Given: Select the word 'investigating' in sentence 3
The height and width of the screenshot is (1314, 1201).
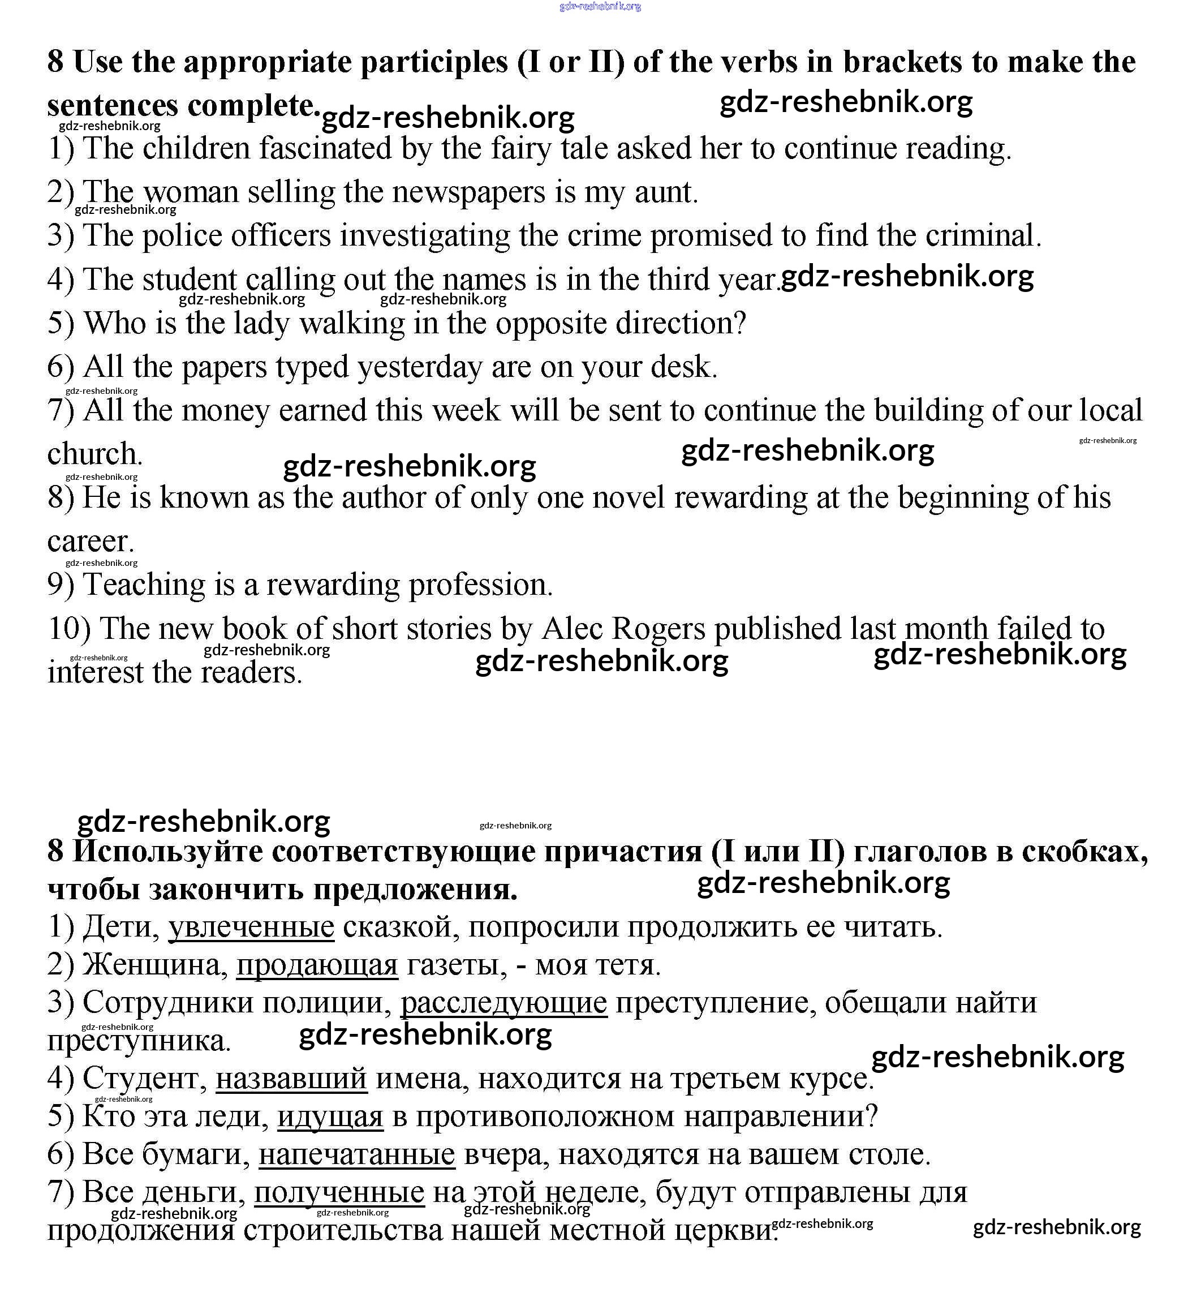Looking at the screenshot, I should [x=425, y=236].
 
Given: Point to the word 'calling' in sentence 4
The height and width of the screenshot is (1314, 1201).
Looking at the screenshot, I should [x=290, y=280].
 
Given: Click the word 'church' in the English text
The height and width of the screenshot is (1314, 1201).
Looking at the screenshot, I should [x=94, y=454].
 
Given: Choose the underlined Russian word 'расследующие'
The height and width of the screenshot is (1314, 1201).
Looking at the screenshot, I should [x=503, y=1002].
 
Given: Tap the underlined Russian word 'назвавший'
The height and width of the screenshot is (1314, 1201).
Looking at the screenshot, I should [x=291, y=1077].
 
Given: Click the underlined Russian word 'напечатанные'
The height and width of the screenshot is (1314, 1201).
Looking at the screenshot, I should [x=356, y=1154].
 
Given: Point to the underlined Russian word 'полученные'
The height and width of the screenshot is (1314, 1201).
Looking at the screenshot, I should [x=339, y=1191].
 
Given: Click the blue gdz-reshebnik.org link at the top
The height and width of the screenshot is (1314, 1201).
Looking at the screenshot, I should [x=600, y=7].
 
